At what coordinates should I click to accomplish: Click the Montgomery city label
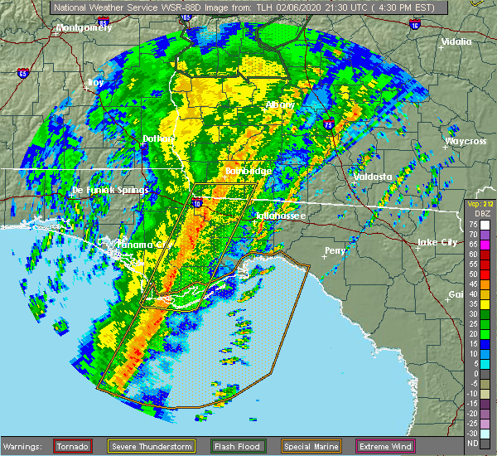(84, 27)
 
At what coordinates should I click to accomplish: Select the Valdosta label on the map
(372, 177)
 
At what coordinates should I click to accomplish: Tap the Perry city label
(335, 250)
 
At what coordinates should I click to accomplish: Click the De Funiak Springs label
(102, 191)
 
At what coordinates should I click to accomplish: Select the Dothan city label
(160, 138)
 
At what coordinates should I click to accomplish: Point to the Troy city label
(96, 82)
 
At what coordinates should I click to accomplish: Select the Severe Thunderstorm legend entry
(151, 447)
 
